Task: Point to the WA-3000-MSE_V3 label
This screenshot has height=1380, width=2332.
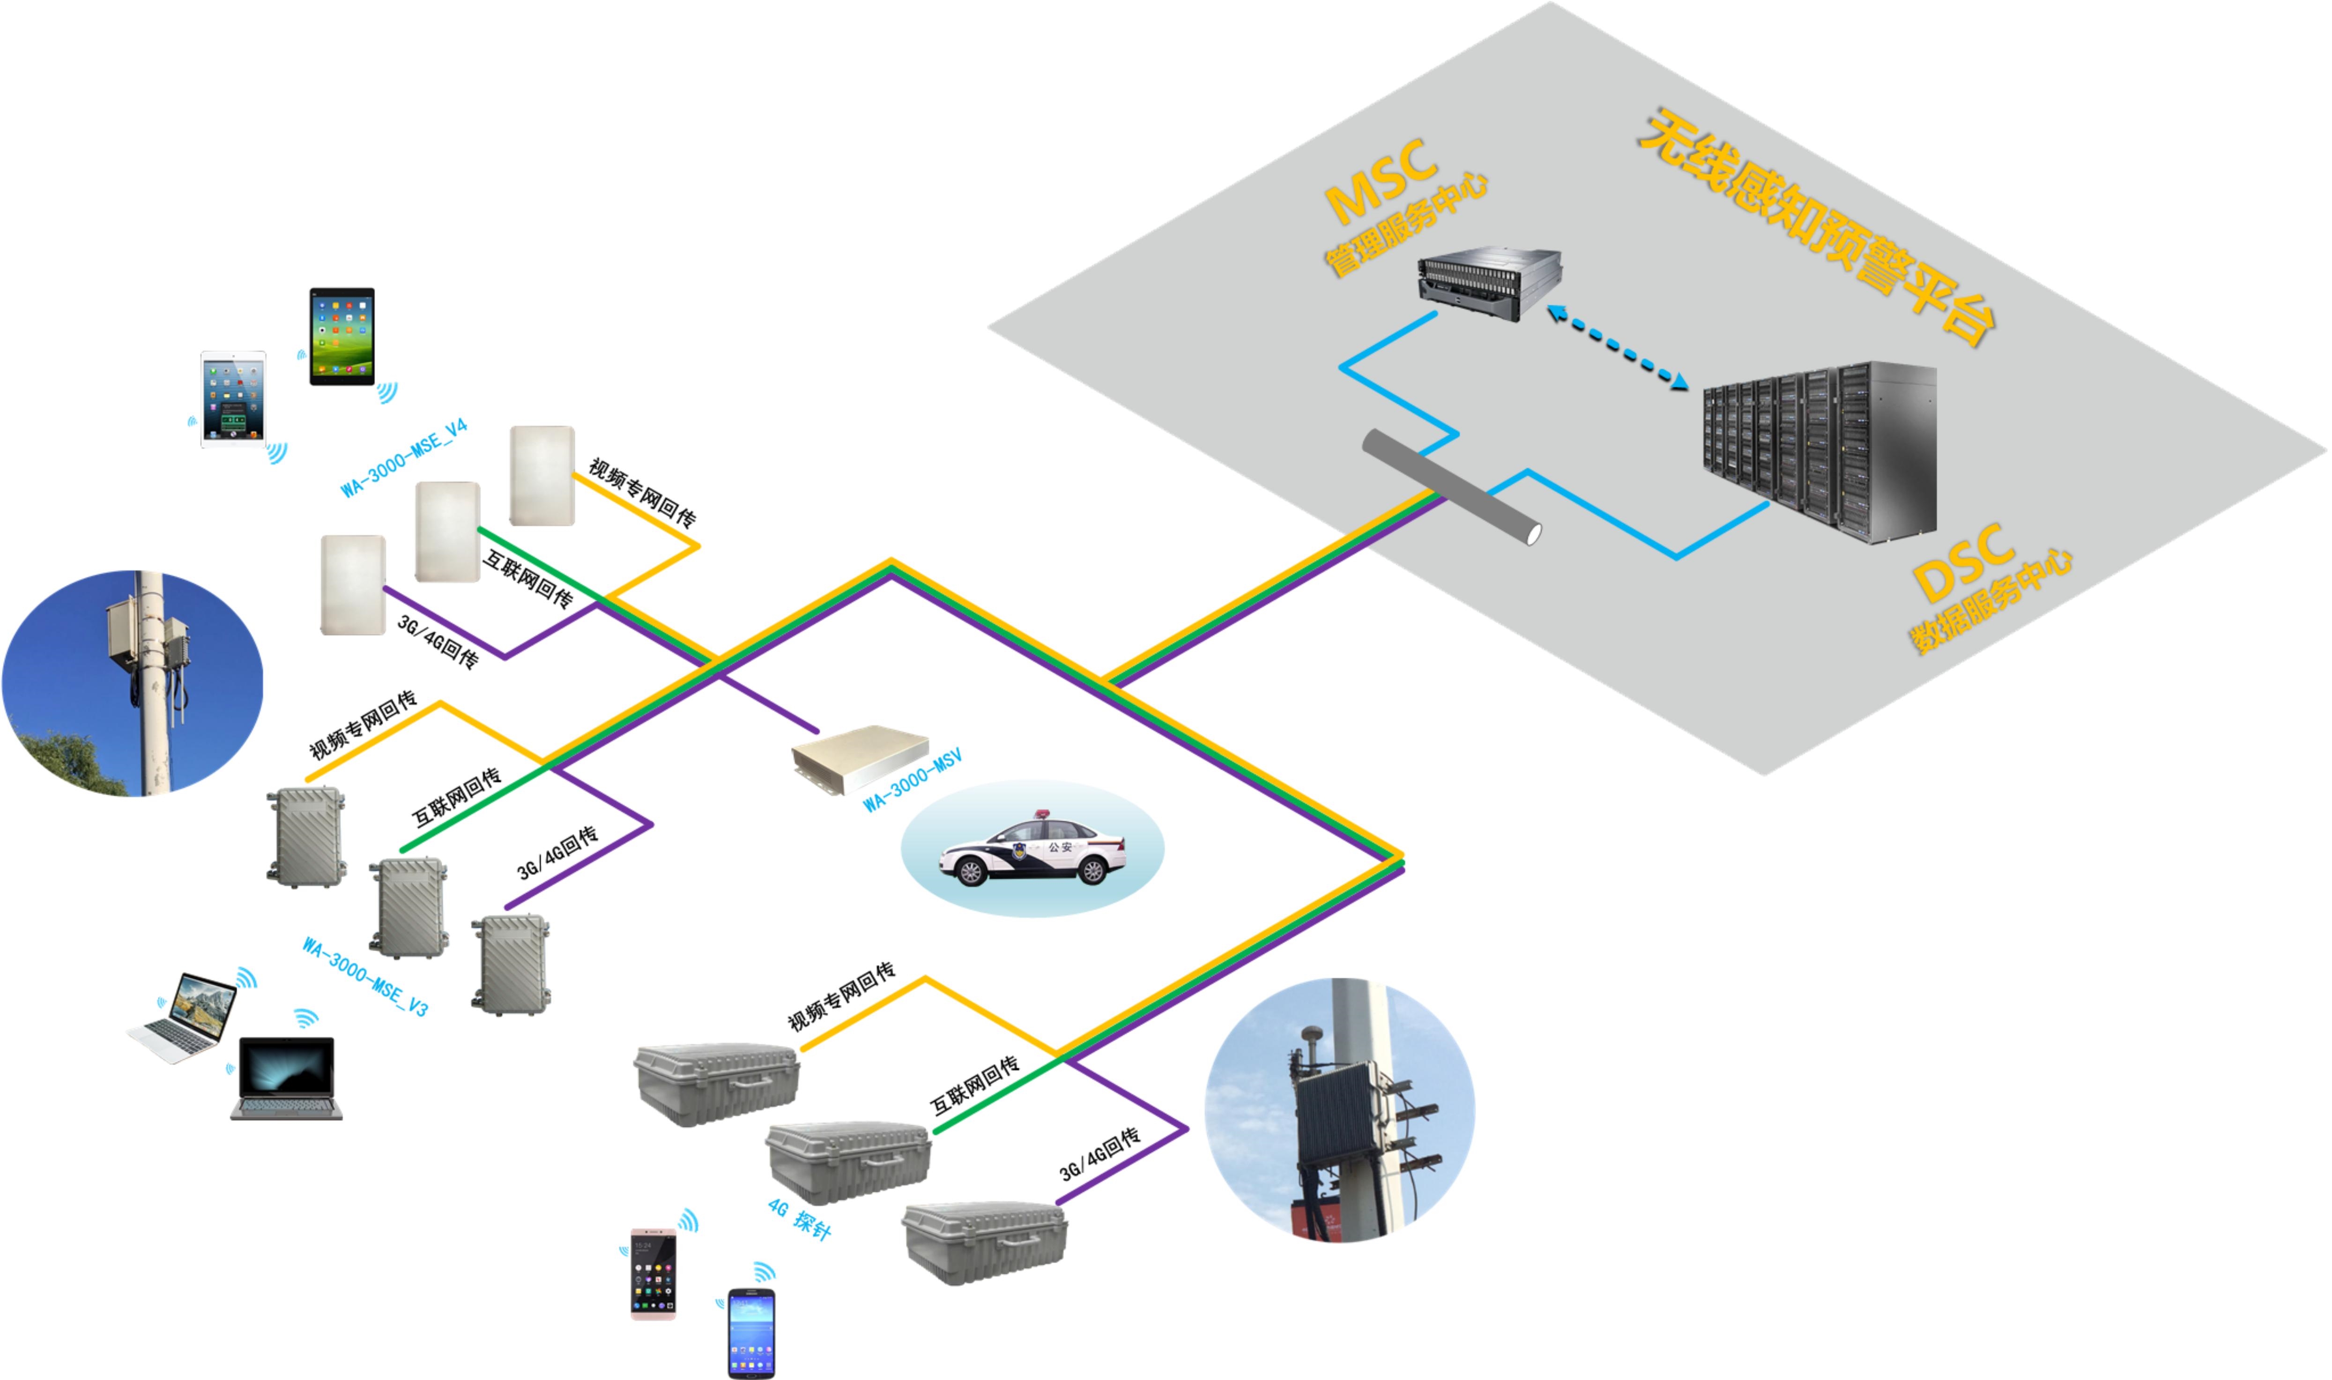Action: coord(364,976)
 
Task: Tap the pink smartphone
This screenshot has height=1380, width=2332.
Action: coord(653,1274)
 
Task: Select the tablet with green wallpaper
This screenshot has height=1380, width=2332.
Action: coord(342,336)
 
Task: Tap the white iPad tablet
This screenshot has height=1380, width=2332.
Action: coord(232,399)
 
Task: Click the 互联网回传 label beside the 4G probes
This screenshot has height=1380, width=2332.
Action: coord(974,1085)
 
